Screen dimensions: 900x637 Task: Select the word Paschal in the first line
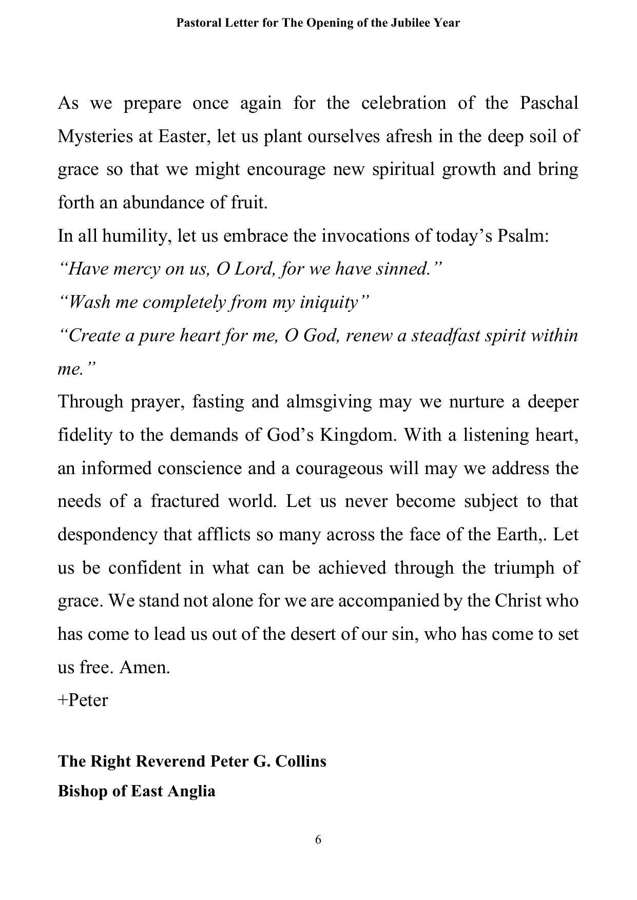pyautogui.click(x=549, y=103)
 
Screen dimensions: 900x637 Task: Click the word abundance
pyautogui.click(x=164, y=203)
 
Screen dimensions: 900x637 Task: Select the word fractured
pyautogui.click(x=185, y=501)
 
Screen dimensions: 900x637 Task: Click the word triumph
pyautogui.click(x=524, y=568)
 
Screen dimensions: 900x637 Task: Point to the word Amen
pyautogui.click(x=144, y=668)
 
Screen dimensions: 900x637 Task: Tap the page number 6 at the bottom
pyautogui.click(x=318, y=840)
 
